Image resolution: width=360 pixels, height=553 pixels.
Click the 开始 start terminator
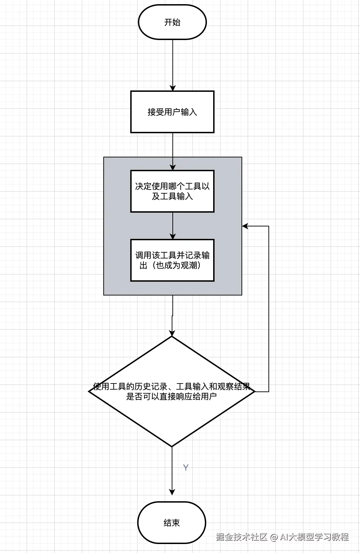point(172,22)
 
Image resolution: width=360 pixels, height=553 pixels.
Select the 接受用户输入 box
point(172,112)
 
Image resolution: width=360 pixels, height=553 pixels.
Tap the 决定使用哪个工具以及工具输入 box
point(172,191)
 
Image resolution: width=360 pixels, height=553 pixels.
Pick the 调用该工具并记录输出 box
point(172,260)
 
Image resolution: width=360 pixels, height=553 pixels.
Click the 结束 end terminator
point(171,523)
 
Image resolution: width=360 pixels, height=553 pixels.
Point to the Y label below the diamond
point(186,467)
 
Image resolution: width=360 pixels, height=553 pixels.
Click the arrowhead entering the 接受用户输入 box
point(172,88)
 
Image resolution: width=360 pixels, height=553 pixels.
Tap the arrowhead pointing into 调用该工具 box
point(172,236)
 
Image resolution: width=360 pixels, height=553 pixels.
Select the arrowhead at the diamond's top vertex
point(172,333)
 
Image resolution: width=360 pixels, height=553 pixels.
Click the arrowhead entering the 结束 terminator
point(172,492)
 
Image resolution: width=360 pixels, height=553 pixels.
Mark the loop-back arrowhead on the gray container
point(245,226)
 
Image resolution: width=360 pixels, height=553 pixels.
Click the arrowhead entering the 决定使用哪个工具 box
point(172,167)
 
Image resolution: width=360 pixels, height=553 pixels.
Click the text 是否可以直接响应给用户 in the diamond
point(171,396)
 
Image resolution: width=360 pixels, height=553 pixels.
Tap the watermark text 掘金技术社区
point(241,537)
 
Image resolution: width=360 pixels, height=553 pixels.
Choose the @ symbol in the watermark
point(274,537)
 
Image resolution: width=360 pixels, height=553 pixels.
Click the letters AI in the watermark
point(284,537)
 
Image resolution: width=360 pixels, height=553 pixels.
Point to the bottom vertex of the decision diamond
point(172,446)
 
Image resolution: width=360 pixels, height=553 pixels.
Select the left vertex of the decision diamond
point(89,391)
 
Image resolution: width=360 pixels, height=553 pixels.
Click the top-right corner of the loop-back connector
point(268,226)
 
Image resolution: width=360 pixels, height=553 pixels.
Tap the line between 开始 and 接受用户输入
point(172,62)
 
